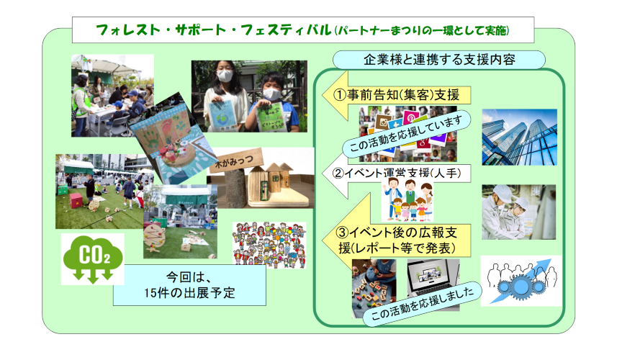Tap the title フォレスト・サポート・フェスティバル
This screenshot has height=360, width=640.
214,30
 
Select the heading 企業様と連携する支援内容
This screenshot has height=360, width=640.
439,60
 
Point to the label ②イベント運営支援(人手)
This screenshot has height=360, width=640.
397,174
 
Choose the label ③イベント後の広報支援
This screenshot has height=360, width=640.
396,240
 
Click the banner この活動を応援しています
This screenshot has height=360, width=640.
406,133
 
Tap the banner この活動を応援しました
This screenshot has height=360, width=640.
422,303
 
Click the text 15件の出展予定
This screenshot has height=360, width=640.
189,292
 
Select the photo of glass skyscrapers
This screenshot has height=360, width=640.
519,137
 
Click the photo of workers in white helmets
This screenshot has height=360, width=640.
518,212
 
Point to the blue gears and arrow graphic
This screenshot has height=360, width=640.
521,282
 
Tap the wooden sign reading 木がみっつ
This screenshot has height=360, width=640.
234,161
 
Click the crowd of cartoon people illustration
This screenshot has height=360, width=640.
269,245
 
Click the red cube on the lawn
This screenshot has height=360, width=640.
76,200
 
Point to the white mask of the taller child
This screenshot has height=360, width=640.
225,76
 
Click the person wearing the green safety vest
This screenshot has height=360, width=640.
81,105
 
